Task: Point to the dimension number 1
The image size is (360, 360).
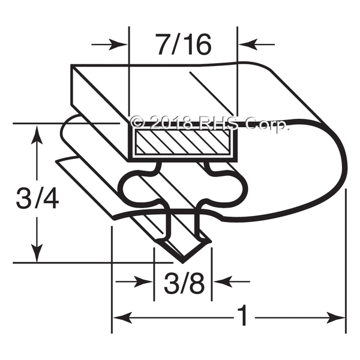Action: coord(242,316)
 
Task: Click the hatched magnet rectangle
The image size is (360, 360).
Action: coord(182,142)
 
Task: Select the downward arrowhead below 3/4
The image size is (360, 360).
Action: coord(37,253)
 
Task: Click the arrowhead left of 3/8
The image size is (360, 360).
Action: coord(143,281)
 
